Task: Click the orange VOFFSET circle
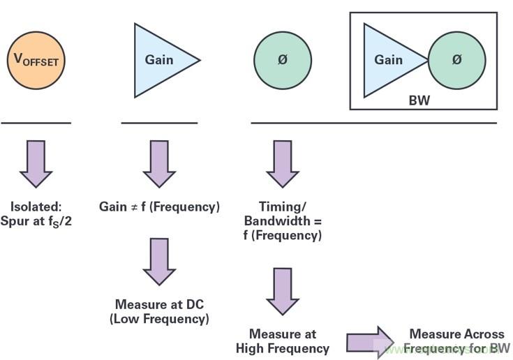pos(36,60)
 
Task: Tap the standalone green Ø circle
pos(282,60)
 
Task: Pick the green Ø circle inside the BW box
pos(456,60)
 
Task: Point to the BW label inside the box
pos(419,100)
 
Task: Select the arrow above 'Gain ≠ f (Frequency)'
pos(158,163)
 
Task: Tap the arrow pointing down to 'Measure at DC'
pos(158,262)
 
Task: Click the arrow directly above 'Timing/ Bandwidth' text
pos(282,163)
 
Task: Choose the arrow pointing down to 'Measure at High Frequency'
pos(282,290)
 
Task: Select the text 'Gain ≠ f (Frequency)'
pos(159,207)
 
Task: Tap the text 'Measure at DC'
pos(159,304)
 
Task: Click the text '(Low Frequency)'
pos(159,319)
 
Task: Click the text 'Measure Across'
pos(456,334)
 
